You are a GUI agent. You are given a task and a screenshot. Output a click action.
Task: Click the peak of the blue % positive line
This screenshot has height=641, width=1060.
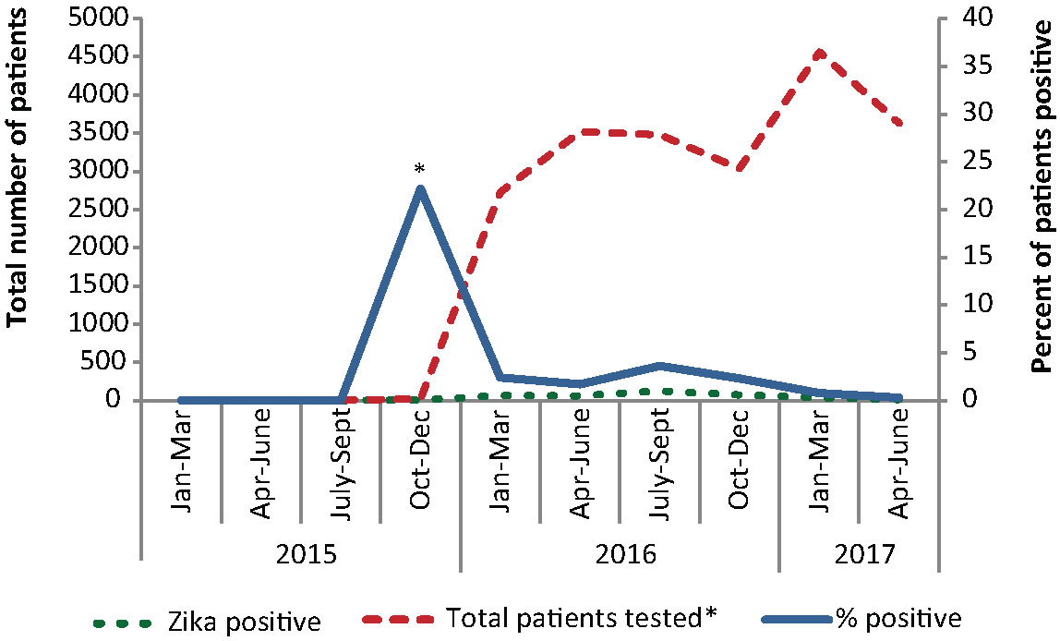420,189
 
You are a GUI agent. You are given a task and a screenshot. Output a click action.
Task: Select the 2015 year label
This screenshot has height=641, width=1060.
301,555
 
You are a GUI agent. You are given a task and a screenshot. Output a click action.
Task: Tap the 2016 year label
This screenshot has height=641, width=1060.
619,555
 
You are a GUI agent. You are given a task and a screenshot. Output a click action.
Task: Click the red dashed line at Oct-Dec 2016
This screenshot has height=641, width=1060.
739,167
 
